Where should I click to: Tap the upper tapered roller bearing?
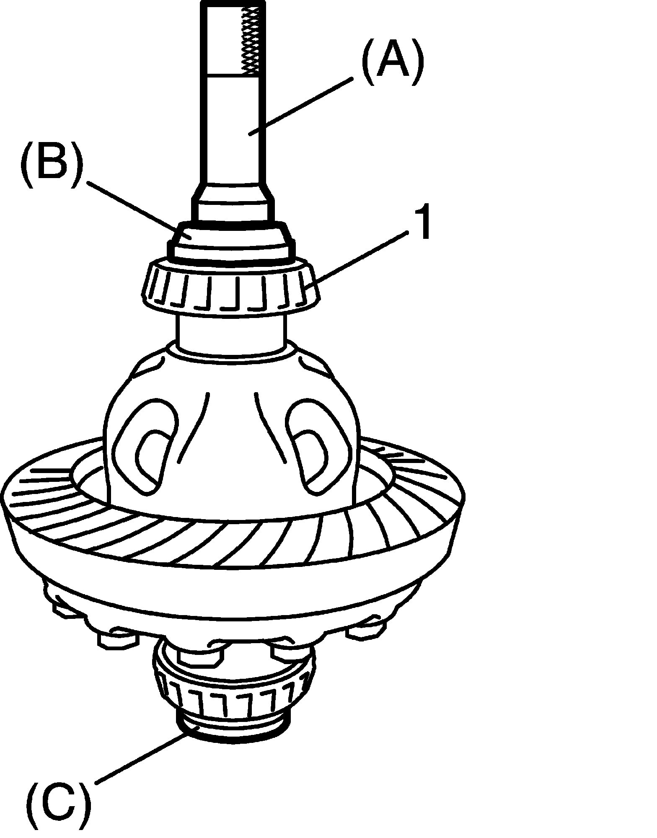click(230, 289)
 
